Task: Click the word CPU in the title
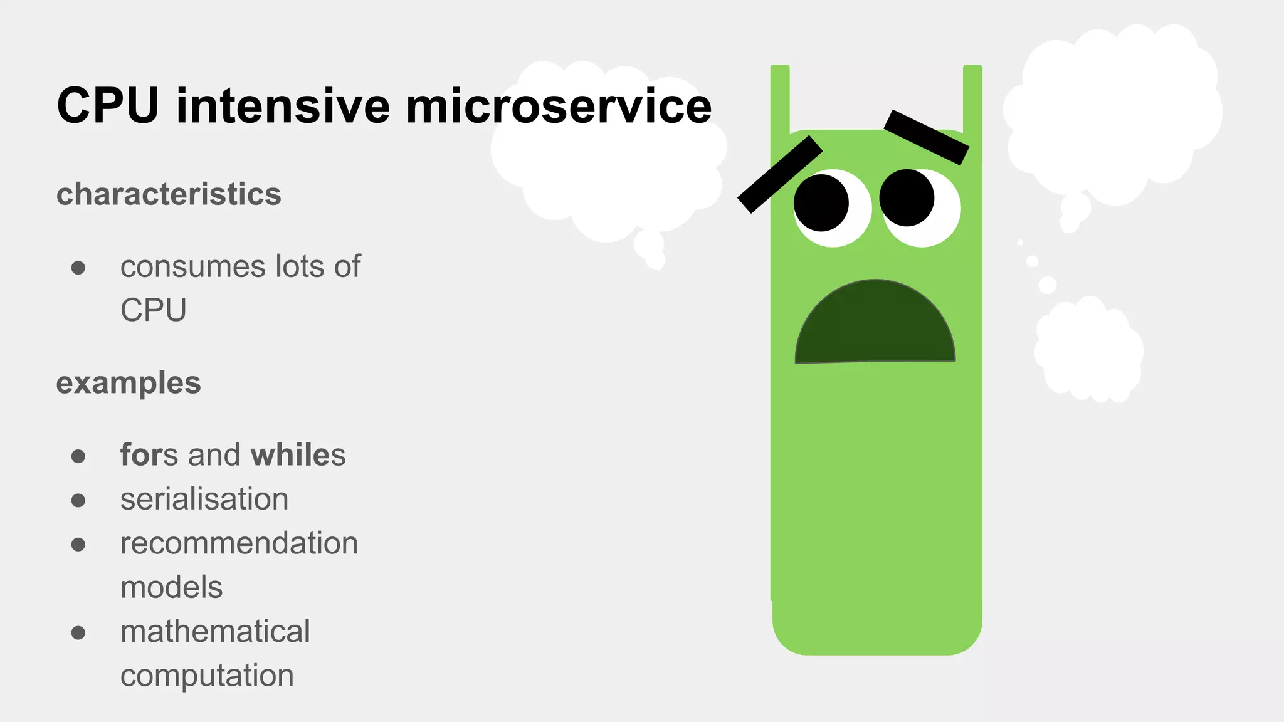click(x=107, y=105)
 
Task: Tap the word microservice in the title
click(x=559, y=105)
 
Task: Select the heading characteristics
click(x=169, y=194)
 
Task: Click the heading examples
click(x=129, y=383)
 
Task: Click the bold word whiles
click(x=298, y=455)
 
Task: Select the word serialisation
click(x=204, y=500)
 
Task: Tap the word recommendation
click(x=239, y=543)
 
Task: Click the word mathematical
click(x=215, y=631)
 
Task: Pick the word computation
click(x=207, y=676)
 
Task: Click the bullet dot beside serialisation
click(x=78, y=500)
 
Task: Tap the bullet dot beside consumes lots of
click(x=78, y=268)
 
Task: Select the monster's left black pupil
click(x=821, y=203)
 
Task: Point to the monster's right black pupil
click(x=907, y=197)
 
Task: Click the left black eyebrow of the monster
click(x=780, y=174)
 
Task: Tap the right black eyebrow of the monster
click(x=927, y=137)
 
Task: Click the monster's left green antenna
click(x=780, y=98)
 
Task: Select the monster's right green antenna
click(x=972, y=98)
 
